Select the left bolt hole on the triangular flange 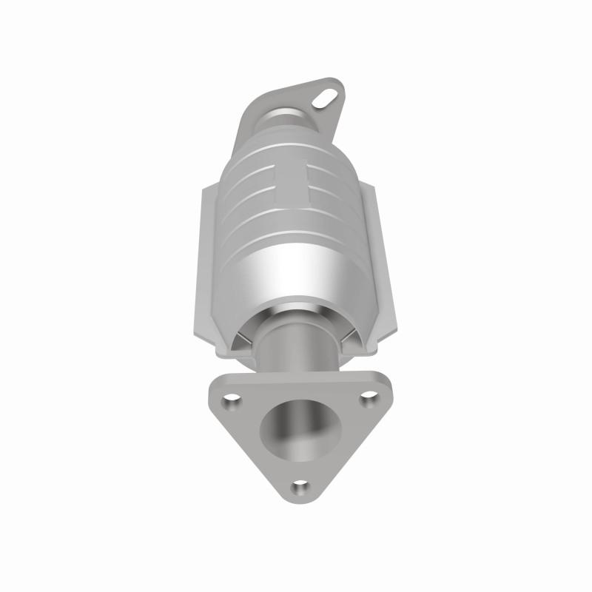point(233,400)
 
